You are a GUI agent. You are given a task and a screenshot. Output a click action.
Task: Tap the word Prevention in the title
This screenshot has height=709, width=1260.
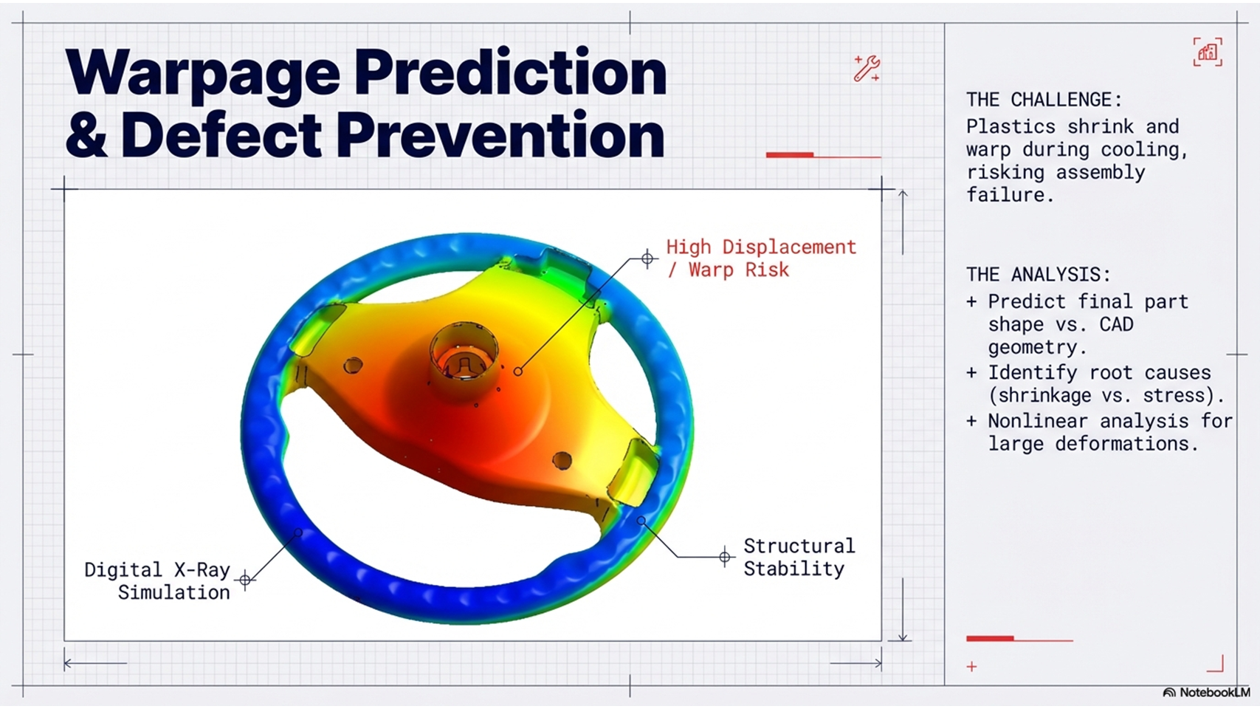tap(500, 135)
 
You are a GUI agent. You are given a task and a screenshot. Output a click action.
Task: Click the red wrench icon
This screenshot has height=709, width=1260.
tap(867, 69)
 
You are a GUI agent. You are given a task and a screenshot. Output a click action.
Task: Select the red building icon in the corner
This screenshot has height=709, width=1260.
tap(1208, 52)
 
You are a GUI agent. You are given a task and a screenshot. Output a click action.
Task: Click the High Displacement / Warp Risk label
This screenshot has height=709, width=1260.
tap(761, 258)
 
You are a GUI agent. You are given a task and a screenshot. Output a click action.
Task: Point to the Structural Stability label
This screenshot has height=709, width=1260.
tap(799, 557)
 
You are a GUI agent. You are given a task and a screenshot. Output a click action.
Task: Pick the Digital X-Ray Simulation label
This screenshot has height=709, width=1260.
tap(157, 580)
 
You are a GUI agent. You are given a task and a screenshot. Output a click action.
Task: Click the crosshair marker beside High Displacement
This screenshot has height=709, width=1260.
tap(647, 258)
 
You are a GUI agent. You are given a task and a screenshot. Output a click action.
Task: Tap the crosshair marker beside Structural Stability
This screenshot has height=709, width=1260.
tap(725, 557)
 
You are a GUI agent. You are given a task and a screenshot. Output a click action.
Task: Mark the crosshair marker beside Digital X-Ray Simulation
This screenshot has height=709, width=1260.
tap(245, 580)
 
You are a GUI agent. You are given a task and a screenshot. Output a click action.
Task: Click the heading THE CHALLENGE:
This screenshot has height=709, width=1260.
tap(1044, 100)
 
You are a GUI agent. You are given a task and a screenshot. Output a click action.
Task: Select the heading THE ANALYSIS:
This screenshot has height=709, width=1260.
tap(1039, 275)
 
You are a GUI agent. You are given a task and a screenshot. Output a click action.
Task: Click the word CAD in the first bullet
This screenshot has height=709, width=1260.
tap(1116, 324)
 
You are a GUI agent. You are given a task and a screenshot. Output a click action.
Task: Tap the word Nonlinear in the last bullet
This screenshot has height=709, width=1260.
tap(1039, 421)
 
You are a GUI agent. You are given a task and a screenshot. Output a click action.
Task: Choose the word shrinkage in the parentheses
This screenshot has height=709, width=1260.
tap(1044, 396)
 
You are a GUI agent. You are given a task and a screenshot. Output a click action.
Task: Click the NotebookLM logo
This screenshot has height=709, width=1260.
tap(1206, 693)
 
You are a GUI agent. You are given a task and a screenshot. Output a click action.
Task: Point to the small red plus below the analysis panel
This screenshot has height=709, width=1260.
tap(971, 667)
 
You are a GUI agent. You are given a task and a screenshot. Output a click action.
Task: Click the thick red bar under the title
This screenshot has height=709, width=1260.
tap(789, 155)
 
